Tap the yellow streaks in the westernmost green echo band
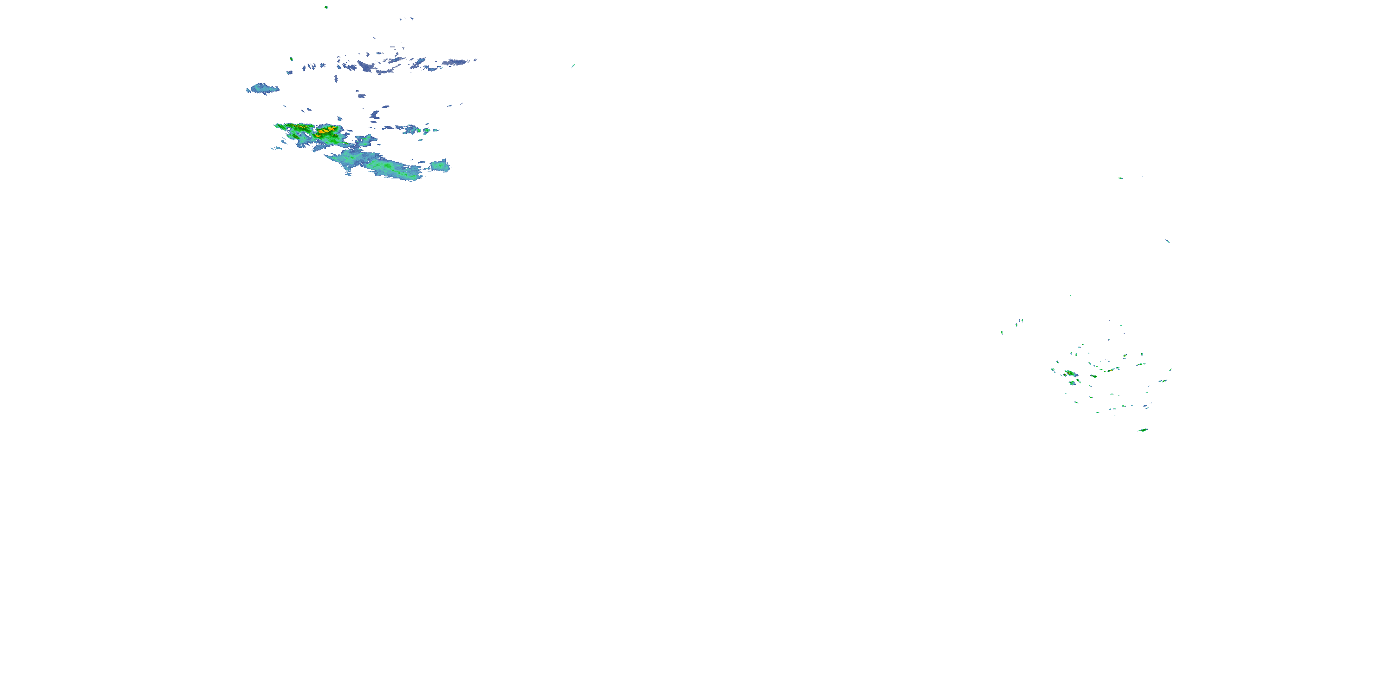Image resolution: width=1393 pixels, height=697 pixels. point(296,127)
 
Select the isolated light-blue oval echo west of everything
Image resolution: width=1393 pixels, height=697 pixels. point(263,88)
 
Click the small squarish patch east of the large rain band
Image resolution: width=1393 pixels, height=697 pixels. point(440,165)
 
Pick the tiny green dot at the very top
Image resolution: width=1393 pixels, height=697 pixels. point(326,7)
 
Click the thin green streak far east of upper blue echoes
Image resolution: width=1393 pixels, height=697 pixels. point(573,66)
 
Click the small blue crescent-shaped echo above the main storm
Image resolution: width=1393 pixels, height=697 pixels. point(375,115)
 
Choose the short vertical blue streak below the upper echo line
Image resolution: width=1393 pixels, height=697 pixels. point(336,79)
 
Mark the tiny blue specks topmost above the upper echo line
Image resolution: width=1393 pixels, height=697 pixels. point(405,19)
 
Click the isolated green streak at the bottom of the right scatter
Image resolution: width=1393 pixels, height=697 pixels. point(1143,430)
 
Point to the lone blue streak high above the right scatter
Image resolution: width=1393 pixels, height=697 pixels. point(1167,240)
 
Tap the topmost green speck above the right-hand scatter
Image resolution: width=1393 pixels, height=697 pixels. point(1120,178)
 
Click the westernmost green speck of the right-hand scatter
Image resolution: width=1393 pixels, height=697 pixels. point(1002,333)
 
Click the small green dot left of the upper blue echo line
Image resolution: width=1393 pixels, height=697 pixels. point(291,59)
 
